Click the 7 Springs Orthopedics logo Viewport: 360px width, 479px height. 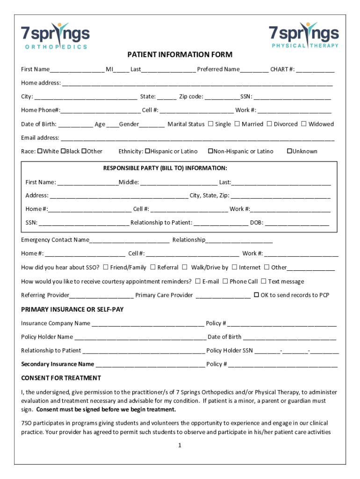coord(55,36)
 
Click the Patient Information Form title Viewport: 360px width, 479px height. coord(180,55)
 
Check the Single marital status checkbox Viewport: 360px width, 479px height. coord(210,124)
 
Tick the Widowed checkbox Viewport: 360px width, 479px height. coord(304,124)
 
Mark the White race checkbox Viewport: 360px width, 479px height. coord(40,151)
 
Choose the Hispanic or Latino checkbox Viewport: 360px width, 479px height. coord(148,151)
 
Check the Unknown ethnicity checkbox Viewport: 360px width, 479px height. coord(289,151)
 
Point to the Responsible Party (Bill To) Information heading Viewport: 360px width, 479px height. coord(165,168)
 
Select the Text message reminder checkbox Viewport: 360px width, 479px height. coord(264,281)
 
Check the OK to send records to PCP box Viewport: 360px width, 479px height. coord(256,295)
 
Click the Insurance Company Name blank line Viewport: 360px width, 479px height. coord(148,324)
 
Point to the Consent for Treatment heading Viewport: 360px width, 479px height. coord(61,378)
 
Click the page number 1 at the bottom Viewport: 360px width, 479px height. coord(180,445)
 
